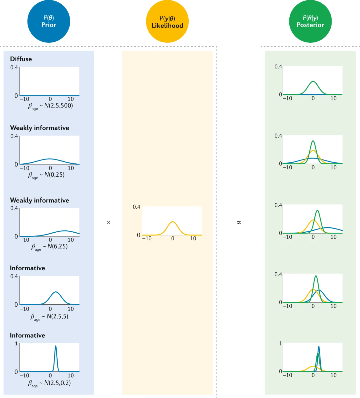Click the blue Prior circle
[x=49, y=22]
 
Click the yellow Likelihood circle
[x=168, y=22]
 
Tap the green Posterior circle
[x=310, y=22]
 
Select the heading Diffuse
[x=21, y=59]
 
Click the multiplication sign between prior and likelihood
[x=108, y=222]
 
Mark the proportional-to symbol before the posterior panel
[x=239, y=222]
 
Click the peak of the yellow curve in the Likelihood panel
[x=172, y=222]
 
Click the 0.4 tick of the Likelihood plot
[x=137, y=207]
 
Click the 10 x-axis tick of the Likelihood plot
[x=193, y=239]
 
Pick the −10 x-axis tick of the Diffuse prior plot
[x=25, y=99]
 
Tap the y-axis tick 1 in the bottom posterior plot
[x=280, y=343]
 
